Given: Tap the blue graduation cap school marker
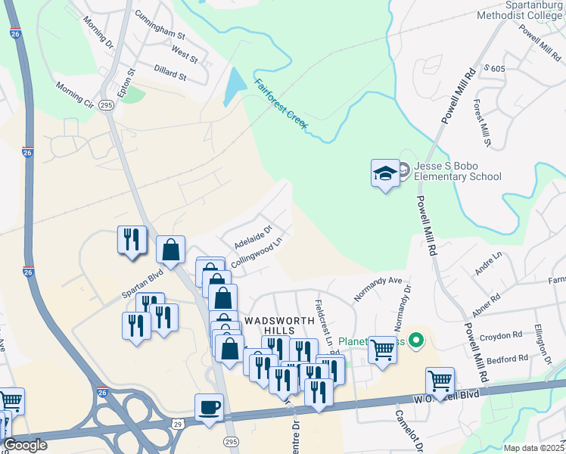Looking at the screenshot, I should click(x=385, y=174).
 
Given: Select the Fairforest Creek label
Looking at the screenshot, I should click(x=281, y=105).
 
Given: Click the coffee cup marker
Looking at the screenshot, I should click(x=209, y=408).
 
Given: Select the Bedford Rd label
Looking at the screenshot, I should click(x=507, y=359).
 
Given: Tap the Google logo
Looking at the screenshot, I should click(x=26, y=445).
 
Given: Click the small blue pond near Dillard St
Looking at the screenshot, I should click(x=234, y=87).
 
